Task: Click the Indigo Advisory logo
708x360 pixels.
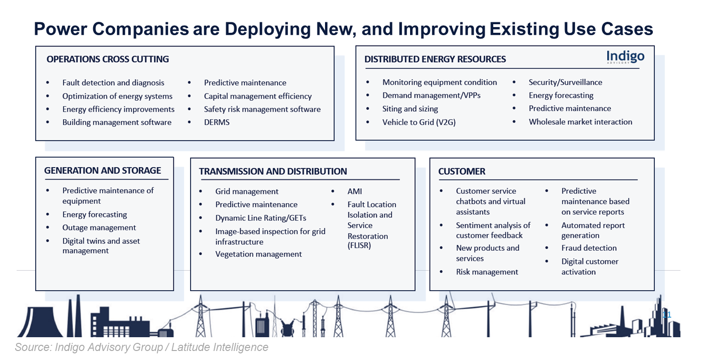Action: pyautogui.click(x=625, y=58)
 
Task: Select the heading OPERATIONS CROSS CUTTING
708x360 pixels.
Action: pyautogui.click(x=107, y=59)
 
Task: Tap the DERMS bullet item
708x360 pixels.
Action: pyautogui.click(x=217, y=123)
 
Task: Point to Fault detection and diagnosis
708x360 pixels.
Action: pyautogui.click(x=113, y=83)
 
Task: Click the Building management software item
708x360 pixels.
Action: pyautogui.click(x=117, y=123)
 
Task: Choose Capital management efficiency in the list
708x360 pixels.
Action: pyautogui.click(x=258, y=96)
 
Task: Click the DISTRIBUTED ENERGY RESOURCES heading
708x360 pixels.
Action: pyautogui.click(x=435, y=59)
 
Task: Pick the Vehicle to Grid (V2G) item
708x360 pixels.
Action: pyautogui.click(x=419, y=122)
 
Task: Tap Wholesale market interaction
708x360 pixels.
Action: pyautogui.click(x=580, y=122)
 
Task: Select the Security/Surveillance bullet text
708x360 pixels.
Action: pyautogui.click(x=565, y=82)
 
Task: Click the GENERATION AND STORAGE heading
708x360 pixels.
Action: pyautogui.click(x=103, y=171)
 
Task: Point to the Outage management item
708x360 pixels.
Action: pyautogui.click(x=99, y=228)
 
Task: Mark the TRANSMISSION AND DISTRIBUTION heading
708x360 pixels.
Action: pyautogui.click(x=273, y=171)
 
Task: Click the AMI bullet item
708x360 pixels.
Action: pyautogui.click(x=354, y=191)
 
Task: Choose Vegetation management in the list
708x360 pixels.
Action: pyautogui.click(x=258, y=254)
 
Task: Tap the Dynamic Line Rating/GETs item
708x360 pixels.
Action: pyautogui.click(x=260, y=218)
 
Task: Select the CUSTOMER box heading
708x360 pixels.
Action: pyautogui.click(x=461, y=171)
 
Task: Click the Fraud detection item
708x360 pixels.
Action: pyautogui.click(x=589, y=248)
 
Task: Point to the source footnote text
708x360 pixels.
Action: pyautogui.click(x=142, y=347)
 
